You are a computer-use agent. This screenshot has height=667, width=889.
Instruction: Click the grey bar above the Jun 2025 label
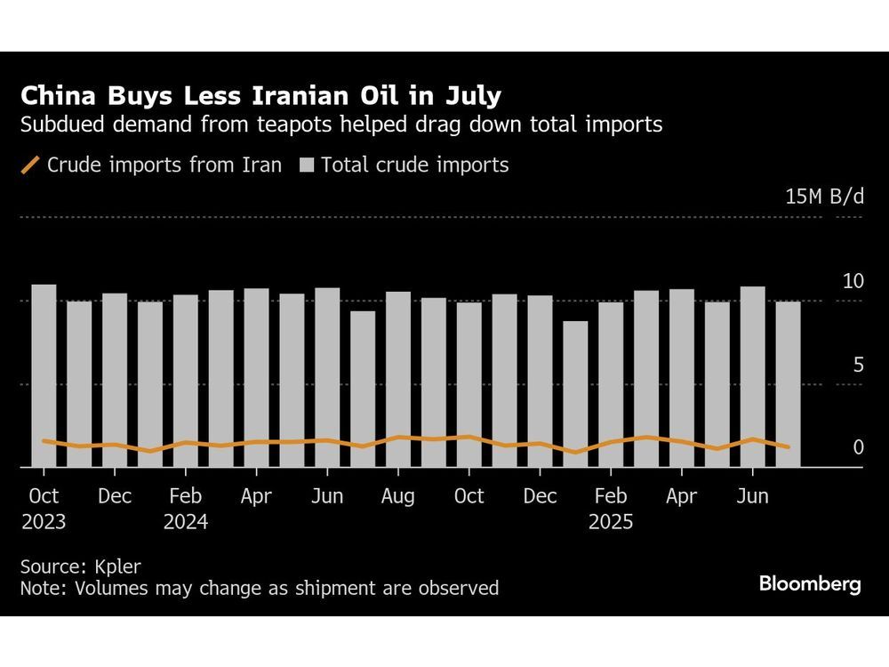point(753,376)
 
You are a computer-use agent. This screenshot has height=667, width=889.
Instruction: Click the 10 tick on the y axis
point(853,281)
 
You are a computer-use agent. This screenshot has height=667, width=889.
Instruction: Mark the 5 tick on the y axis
point(857,365)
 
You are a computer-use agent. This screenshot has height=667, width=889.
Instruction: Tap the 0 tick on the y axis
point(858,447)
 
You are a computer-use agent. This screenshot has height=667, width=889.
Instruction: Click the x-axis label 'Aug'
point(398,496)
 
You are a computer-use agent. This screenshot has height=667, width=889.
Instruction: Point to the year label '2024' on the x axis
point(185,522)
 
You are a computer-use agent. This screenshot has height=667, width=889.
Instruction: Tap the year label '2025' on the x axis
point(611,522)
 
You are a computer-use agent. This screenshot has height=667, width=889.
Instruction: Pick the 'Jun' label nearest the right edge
point(753,496)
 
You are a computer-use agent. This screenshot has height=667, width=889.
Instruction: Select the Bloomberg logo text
point(810,584)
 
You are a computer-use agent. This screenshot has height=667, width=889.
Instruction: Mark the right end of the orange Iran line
point(789,447)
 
